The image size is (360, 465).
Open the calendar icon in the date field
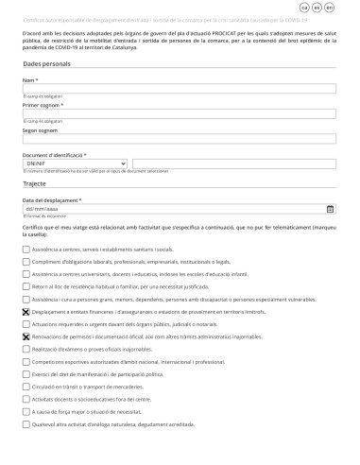click(x=330, y=209)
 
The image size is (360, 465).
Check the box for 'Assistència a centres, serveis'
click(x=26, y=249)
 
